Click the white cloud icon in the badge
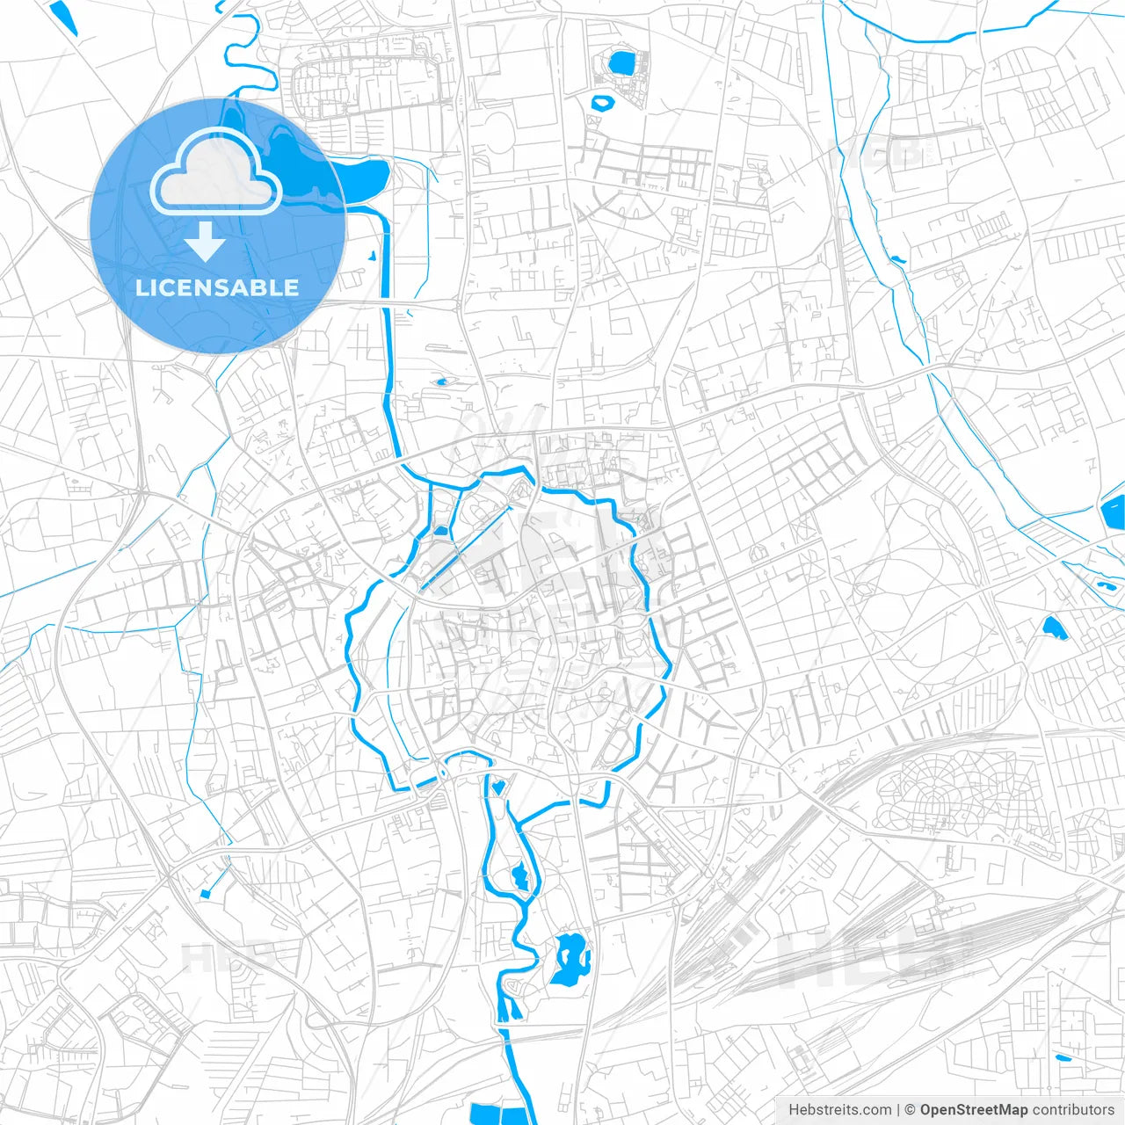(216, 172)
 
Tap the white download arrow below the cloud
(205, 241)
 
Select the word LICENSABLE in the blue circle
(216, 287)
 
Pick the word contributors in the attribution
(1073, 1110)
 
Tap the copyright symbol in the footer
(911, 1110)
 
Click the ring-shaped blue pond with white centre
(604, 103)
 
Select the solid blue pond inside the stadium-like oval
(622, 63)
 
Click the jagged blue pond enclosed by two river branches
(520, 876)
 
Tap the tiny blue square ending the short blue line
(206, 894)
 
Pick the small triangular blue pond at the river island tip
(498, 786)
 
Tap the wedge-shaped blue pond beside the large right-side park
(1051, 627)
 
